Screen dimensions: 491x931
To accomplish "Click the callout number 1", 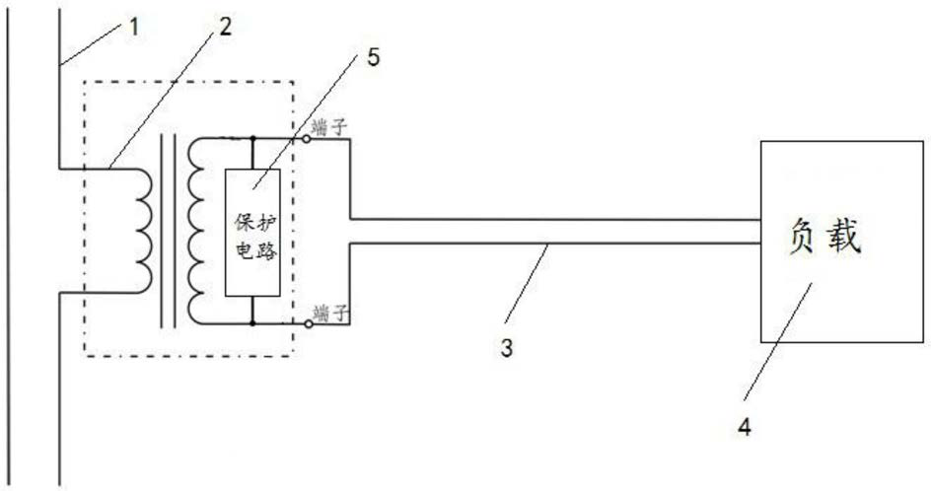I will coord(132,25).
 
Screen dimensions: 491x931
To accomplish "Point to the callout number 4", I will coord(747,427).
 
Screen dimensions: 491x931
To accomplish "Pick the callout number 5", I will coord(373,55).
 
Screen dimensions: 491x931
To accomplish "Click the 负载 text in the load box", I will coord(826,239).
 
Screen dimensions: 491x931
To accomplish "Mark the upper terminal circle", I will coord(308,139).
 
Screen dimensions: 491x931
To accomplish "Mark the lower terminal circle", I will coord(308,323).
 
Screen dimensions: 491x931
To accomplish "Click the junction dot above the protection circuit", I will coord(253,139).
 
